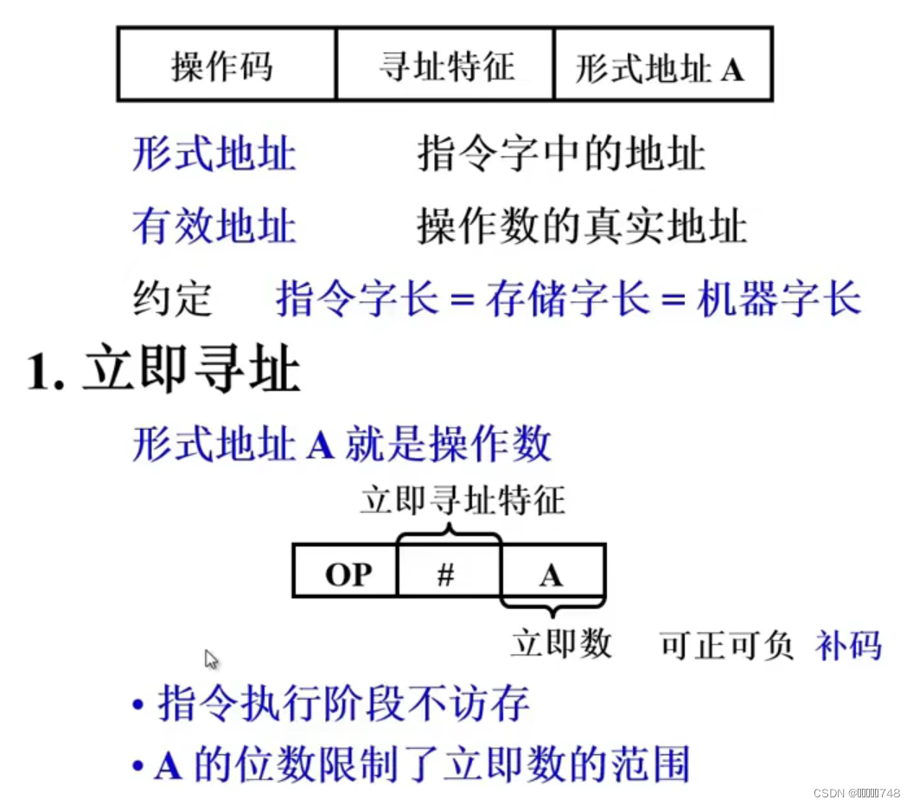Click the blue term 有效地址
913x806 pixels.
click(x=214, y=227)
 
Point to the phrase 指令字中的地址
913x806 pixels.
click(x=561, y=155)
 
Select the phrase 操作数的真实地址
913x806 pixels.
click(x=582, y=227)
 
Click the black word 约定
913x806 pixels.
click(x=173, y=299)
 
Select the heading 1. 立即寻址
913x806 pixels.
click(x=164, y=374)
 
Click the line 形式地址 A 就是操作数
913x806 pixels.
click(x=342, y=445)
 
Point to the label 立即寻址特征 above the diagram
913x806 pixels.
click(x=463, y=501)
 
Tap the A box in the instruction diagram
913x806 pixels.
click(x=551, y=573)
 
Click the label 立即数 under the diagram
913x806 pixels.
click(x=561, y=643)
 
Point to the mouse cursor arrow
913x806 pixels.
click(x=211, y=660)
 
